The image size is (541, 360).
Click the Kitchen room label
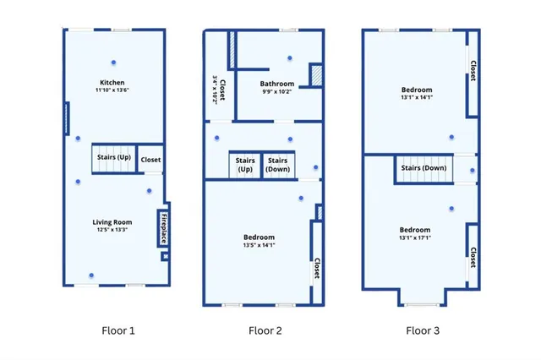(x=112, y=83)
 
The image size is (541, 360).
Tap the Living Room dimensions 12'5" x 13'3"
(x=112, y=230)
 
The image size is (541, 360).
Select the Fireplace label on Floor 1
(x=164, y=228)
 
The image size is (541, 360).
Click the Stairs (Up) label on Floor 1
(x=114, y=157)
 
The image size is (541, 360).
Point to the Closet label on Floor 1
(x=150, y=160)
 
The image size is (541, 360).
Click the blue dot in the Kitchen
(x=113, y=63)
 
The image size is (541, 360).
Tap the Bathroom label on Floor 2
(x=277, y=84)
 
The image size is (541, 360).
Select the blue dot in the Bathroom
(x=290, y=58)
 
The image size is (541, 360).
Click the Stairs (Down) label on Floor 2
(x=278, y=165)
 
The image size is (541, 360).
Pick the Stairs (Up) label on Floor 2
(x=245, y=165)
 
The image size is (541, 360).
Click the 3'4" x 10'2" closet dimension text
(x=215, y=90)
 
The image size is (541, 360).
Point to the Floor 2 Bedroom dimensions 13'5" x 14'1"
(x=260, y=245)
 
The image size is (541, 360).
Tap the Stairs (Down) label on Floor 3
(x=424, y=168)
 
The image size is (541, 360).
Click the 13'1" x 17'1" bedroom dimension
(x=415, y=237)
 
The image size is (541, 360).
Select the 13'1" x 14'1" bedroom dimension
(x=417, y=97)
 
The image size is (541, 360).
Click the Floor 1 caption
(x=118, y=330)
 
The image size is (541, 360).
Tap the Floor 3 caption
(x=423, y=330)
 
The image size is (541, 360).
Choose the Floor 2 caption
(x=265, y=330)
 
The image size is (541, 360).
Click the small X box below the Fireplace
(x=166, y=257)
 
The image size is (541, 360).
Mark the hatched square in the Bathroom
(x=316, y=75)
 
